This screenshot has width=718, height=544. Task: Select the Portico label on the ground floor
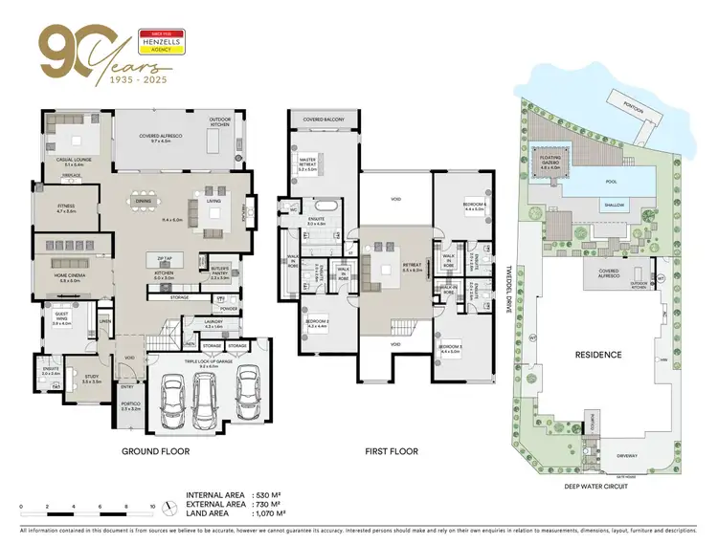coord(131,406)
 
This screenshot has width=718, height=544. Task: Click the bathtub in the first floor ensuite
coord(320,207)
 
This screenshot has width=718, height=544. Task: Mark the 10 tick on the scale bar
coord(151,505)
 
